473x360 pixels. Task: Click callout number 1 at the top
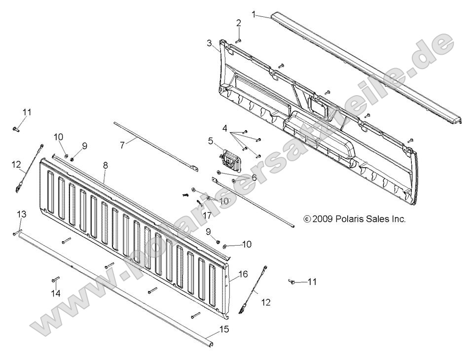pos(254,15)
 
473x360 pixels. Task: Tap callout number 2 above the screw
pos(239,23)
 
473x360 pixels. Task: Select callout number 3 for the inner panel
pos(210,43)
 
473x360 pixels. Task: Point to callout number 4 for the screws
pos(225,129)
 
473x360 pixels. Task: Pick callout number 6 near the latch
pos(254,177)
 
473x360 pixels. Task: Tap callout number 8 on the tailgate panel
pos(105,166)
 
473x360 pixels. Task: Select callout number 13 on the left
pos(22,214)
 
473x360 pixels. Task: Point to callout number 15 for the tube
pos(224,329)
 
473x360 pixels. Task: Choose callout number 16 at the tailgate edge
pos(243,274)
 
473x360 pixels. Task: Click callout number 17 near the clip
pos(207,215)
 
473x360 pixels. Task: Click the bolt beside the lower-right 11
pos(292,282)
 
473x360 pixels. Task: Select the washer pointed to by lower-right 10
pos(225,245)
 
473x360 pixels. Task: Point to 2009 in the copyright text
pos(323,218)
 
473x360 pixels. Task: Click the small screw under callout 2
pos(237,40)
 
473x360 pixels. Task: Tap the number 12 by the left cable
pos(16,164)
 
